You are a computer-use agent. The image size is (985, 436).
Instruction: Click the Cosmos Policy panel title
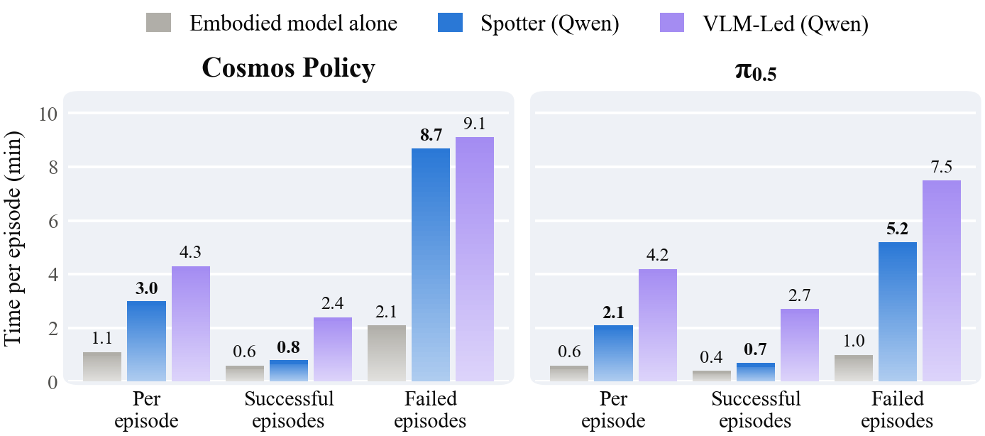[x=288, y=69]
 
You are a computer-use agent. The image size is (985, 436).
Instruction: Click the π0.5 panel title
[x=756, y=71]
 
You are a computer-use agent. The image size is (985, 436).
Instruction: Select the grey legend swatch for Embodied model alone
[x=158, y=23]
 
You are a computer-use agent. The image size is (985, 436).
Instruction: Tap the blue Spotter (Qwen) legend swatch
[x=451, y=23]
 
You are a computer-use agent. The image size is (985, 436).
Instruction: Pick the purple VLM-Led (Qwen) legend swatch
[x=672, y=23]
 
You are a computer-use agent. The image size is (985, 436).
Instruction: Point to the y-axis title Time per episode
[x=12, y=239]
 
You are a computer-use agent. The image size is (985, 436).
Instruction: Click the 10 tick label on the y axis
[x=48, y=114]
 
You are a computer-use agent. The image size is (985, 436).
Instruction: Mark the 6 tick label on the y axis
[x=53, y=222]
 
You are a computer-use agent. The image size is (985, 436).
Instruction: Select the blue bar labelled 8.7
[x=431, y=265]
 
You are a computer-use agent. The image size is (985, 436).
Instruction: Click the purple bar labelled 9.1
[x=475, y=259]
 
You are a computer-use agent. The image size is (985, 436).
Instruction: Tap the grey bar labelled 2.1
[x=387, y=354]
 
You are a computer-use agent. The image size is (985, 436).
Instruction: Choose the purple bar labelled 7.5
[x=942, y=280]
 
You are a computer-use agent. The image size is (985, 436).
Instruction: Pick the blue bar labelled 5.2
[x=898, y=312]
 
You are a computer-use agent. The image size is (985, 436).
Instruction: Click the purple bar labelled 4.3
[x=191, y=324]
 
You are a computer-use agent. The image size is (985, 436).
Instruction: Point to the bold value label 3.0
[x=146, y=288]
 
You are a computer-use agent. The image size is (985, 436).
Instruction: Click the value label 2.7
[x=800, y=295]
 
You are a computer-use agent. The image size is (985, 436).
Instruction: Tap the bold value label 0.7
[x=756, y=349]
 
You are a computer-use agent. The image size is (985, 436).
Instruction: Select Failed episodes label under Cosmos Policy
[x=430, y=410]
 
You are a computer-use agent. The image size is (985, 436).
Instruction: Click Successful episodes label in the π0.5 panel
[x=756, y=410]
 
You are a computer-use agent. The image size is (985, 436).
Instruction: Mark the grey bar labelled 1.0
[x=854, y=368]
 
